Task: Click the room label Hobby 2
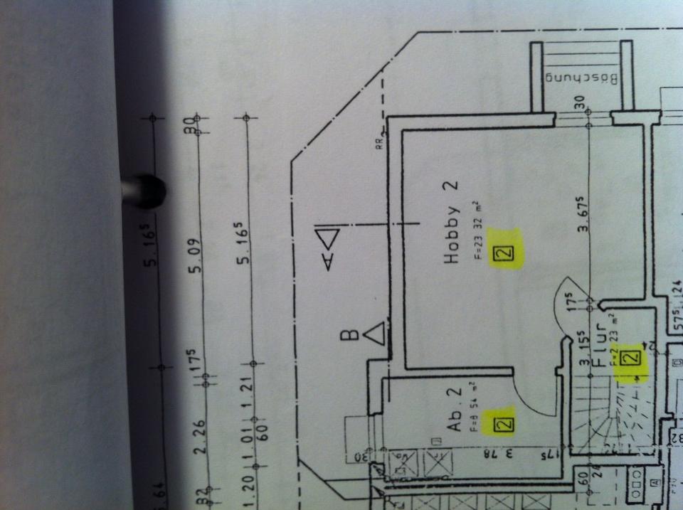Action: [452, 223]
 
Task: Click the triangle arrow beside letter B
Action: [375, 333]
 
